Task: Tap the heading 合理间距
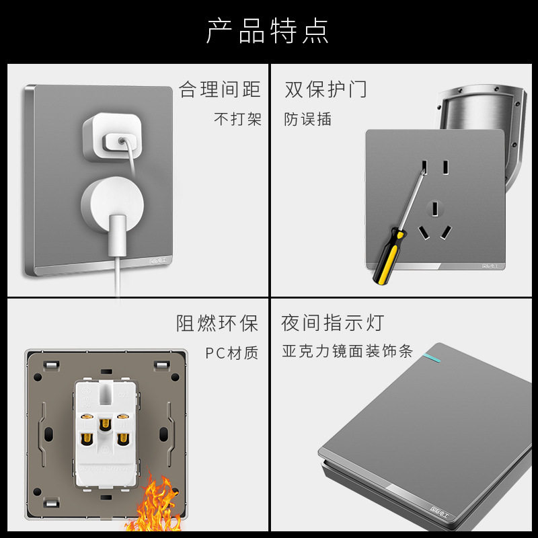(220, 89)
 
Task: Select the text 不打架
(237, 120)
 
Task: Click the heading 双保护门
(326, 89)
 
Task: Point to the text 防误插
(308, 120)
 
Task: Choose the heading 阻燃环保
(217, 323)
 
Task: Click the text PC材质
(232, 353)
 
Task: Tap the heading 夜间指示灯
(332, 323)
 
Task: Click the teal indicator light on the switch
(426, 352)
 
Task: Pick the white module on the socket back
(104, 430)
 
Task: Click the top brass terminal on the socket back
(104, 424)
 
